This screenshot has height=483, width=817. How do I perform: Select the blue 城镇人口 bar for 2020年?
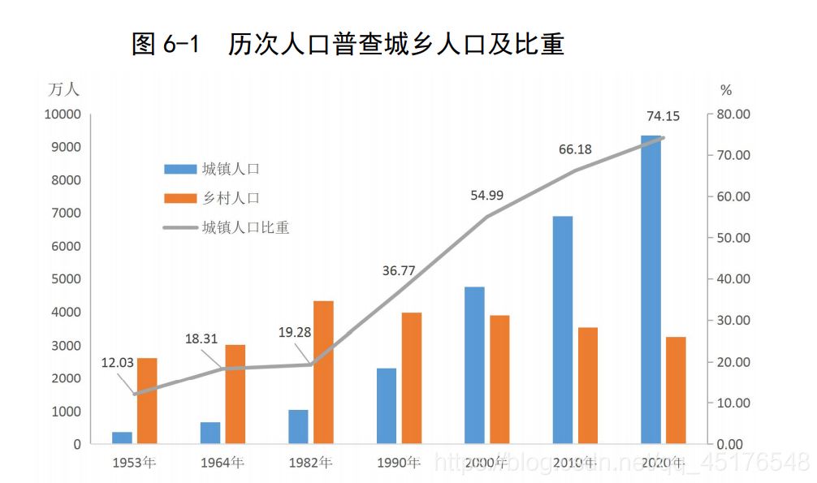pyautogui.click(x=651, y=290)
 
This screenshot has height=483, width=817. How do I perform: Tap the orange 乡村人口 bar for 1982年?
pyautogui.click(x=323, y=373)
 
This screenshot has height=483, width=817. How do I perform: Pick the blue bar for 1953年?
pyautogui.click(x=122, y=438)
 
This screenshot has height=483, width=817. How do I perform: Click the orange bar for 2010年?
pyautogui.click(x=587, y=386)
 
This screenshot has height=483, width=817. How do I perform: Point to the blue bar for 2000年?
pyautogui.click(x=474, y=365)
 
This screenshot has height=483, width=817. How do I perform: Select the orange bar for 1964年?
pyautogui.click(x=235, y=395)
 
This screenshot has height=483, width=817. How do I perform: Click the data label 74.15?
pyautogui.click(x=663, y=116)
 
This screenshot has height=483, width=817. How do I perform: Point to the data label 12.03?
pyautogui.click(x=118, y=363)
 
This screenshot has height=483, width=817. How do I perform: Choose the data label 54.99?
pyautogui.click(x=487, y=195)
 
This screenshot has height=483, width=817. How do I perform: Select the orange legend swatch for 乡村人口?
pyautogui.click(x=179, y=198)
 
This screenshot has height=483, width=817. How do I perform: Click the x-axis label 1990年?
pyautogui.click(x=399, y=464)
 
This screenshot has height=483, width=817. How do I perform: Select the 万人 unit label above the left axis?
pyautogui.click(x=63, y=89)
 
